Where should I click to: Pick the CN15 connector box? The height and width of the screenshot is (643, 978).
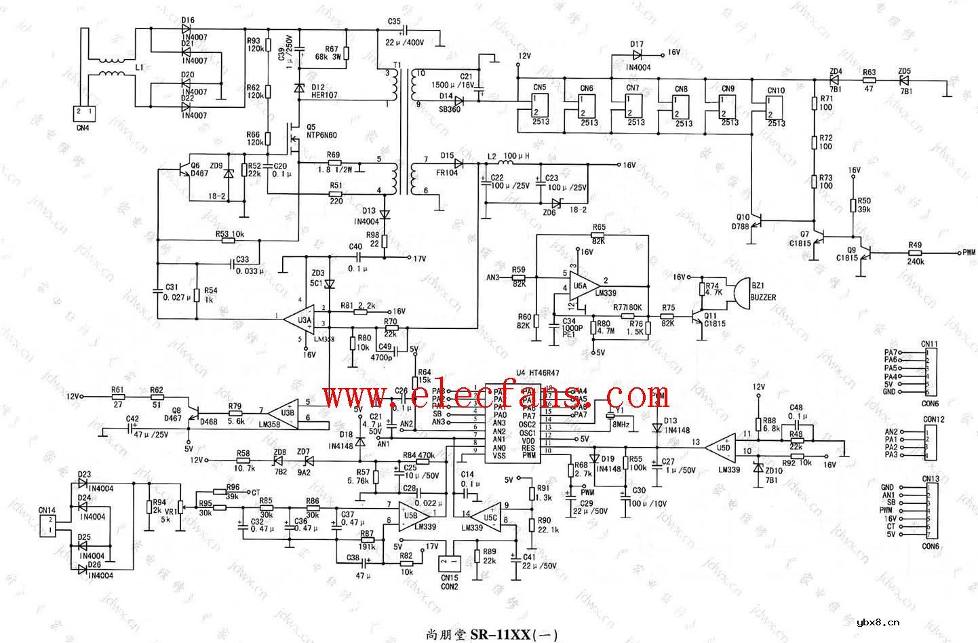coord(448,563)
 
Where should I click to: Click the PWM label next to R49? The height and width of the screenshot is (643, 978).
coord(969,252)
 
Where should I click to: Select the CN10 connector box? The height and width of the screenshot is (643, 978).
coord(776,107)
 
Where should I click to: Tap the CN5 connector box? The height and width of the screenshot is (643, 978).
coord(541,106)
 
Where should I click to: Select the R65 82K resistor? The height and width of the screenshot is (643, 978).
coord(599,235)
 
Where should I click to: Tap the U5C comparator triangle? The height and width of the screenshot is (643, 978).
coord(486,513)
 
